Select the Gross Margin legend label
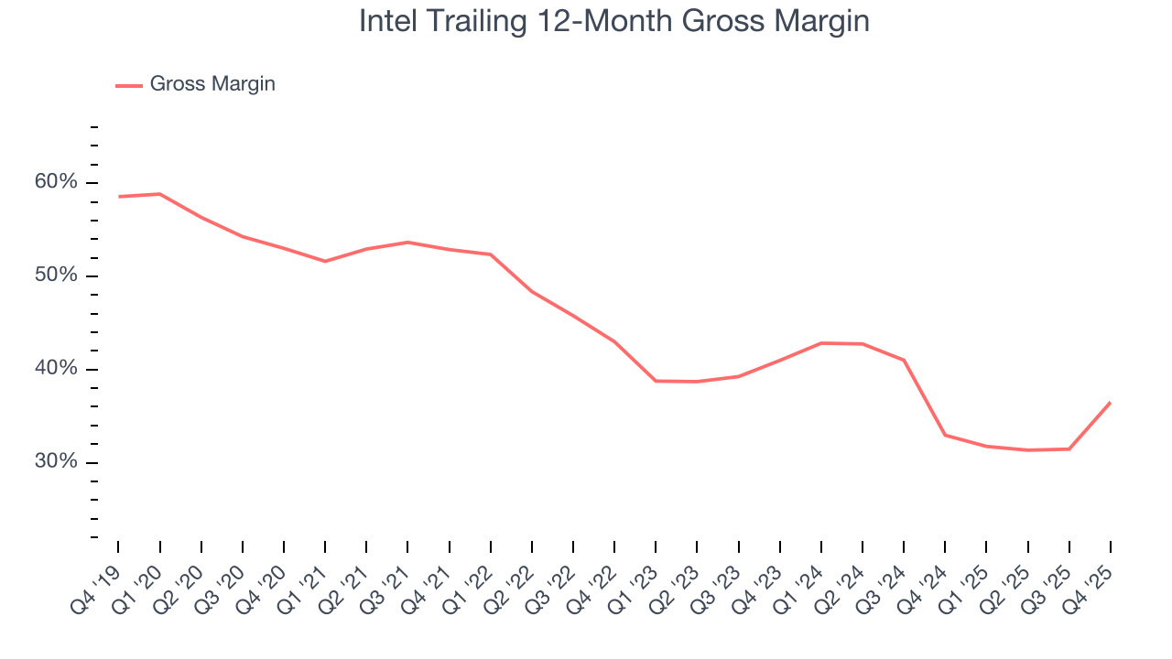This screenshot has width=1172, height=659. click(x=212, y=84)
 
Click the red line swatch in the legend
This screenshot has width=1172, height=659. click(x=128, y=85)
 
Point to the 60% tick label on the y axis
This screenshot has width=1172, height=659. click(x=57, y=182)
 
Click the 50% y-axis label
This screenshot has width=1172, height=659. click(x=57, y=275)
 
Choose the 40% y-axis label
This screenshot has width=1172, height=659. click(x=57, y=369)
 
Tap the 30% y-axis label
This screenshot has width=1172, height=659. click(x=57, y=462)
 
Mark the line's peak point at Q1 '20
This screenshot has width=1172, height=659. click(x=160, y=194)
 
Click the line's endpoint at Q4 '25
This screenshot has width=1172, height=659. click(x=1111, y=402)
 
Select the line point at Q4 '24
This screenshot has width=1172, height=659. click(x=945, y=435)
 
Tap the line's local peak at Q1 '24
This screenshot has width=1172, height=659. click(x=821, y=343)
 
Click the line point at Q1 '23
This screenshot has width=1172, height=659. click(x=656, y=381)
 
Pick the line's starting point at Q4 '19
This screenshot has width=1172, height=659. click(x=119, y=197)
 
